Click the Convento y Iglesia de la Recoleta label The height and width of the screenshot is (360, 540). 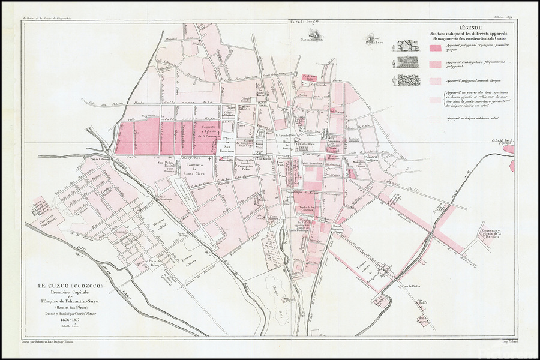498,236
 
